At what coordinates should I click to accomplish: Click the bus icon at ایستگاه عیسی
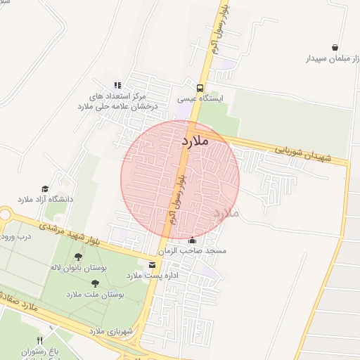(201, 89)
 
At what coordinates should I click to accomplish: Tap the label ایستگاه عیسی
(200, 100)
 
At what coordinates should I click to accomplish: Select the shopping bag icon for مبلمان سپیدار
(334, 47)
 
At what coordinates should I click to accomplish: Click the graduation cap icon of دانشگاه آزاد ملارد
(46, 189)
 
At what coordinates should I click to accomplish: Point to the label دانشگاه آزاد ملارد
(45, 200)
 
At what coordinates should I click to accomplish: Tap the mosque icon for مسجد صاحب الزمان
(192, 240)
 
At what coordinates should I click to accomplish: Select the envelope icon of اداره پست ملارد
(153, 264)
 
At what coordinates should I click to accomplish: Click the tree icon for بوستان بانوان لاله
(77, 257)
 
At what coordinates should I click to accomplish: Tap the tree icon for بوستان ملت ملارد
(95, 283)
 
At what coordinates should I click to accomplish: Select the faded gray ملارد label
(226, 212)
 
